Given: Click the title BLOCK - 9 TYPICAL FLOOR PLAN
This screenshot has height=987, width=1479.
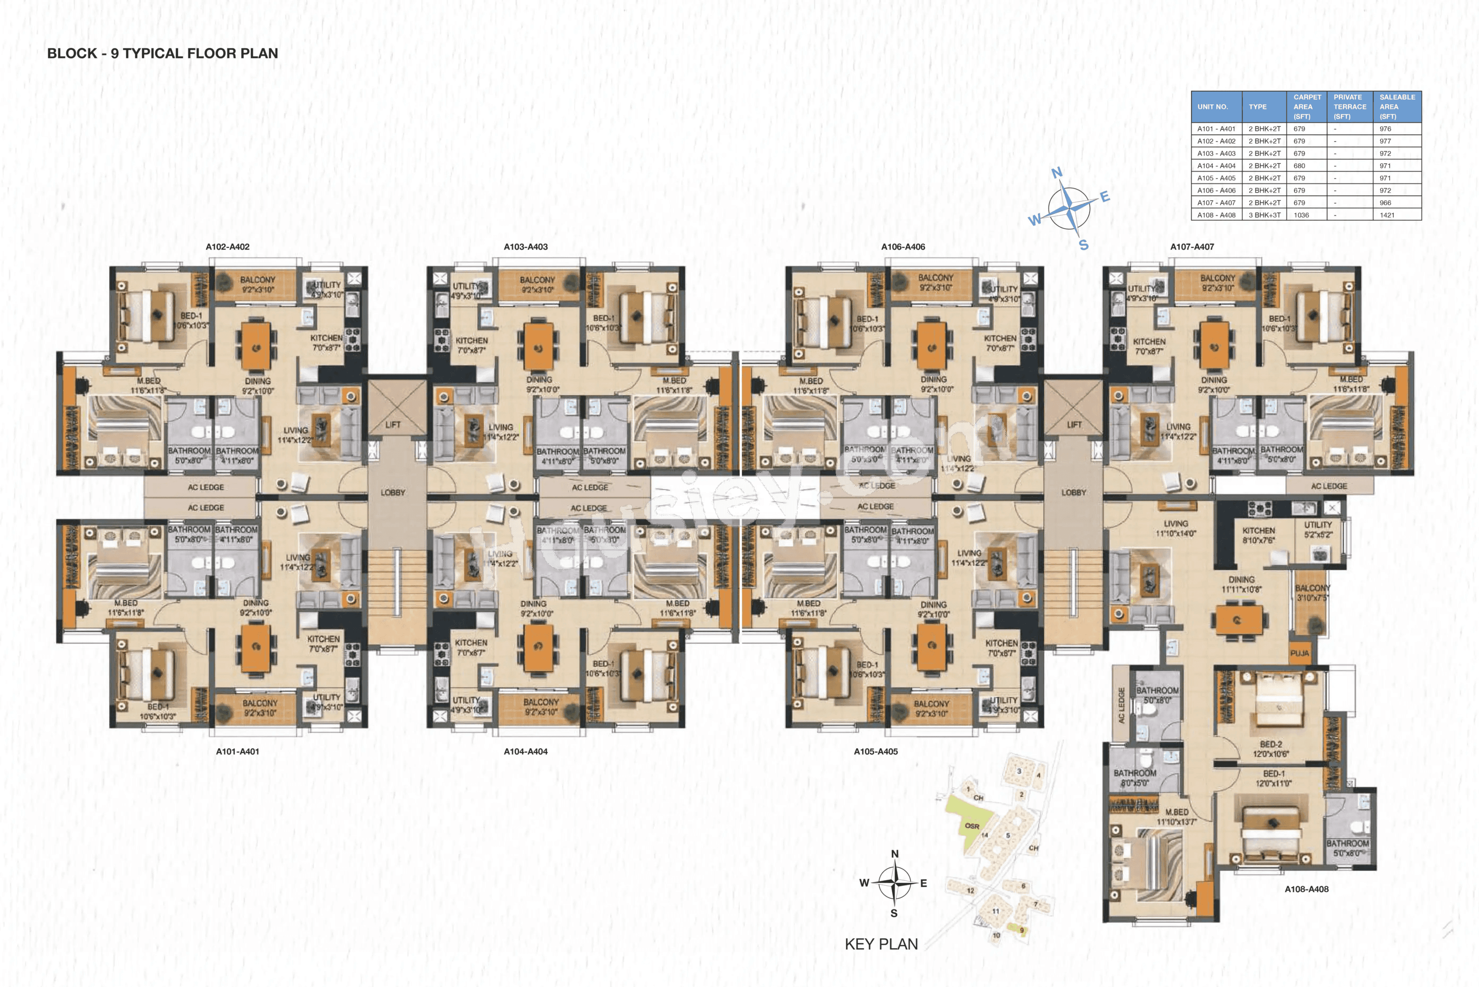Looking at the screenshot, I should pyautogui.click(x=163, y=54).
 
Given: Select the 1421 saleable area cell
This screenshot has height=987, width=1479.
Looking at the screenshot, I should pyautogui.click(x=1387, y=215).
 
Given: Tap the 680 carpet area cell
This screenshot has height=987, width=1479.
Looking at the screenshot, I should pyautogui.click(x=1299, y=166).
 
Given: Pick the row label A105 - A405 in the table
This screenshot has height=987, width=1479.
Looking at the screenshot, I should pyautogui.click(x=1216, y=178).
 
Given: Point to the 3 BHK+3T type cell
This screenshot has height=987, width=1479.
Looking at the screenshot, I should pyautogui.click(x=1264, y=215).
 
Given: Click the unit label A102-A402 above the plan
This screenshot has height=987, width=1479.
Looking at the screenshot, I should pyautogui.click(x=227, y=247).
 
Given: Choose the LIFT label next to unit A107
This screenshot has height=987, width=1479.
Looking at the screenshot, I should pyautogui.click(x=1074, y=425).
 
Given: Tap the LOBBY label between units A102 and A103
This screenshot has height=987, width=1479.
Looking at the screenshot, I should pyautogui.click(x=393, y=492).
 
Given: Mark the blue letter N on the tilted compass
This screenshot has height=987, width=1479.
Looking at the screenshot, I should pyautogui.click(x=1057, y=173).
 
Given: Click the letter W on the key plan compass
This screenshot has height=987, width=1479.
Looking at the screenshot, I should pyautogui.click(x=864, y=883).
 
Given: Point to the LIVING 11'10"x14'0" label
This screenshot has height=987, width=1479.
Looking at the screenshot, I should pyautogui.click(x=1175, y=528).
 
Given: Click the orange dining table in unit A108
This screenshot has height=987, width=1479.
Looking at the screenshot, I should pyautogui.click(x=1238, y=620).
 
